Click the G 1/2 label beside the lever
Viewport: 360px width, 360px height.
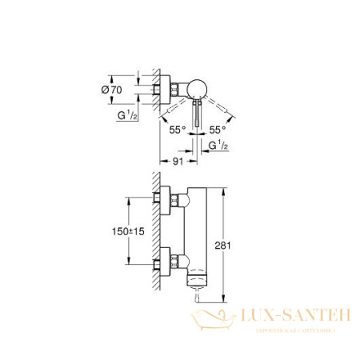(x=217, y=147)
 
